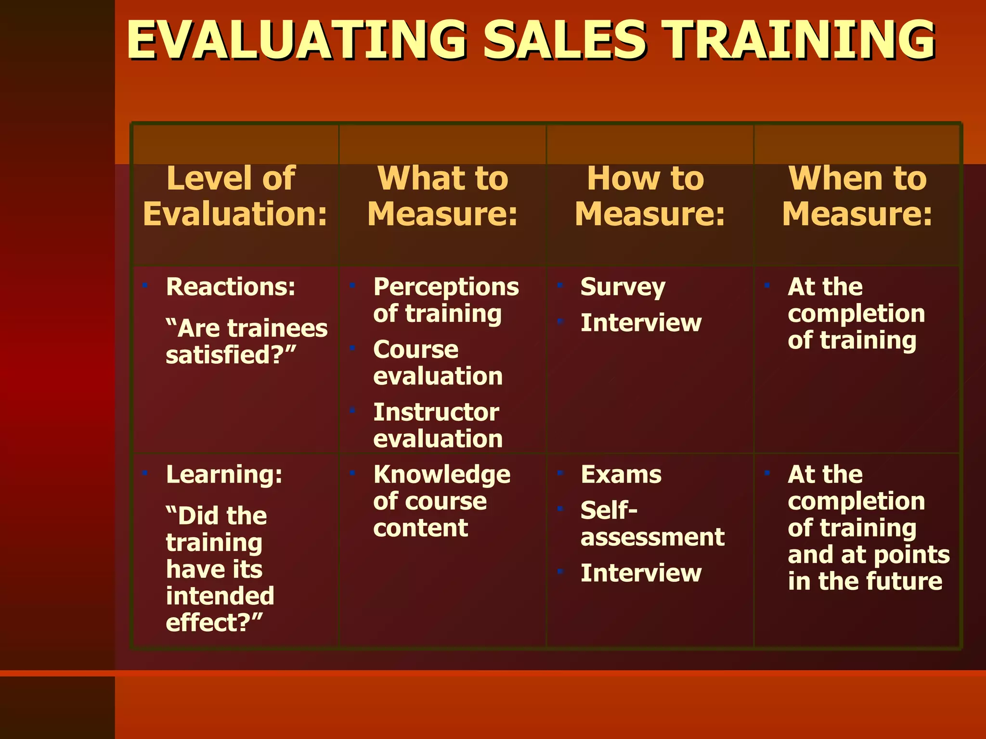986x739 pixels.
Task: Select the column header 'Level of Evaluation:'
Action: pyautogui.click(x=235, y=196)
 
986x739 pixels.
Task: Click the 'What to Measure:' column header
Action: pyautogui.click(x=442, y=196)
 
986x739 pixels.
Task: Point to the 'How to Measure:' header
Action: pyautogui.click(x=649, y=196)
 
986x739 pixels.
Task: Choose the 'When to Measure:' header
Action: pyautogui.click(x=857, y=196)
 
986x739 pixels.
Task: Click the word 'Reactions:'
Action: pyautogui.click(x=231, y=287)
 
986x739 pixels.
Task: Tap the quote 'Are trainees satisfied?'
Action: pyautogui.click(x=246, y=342)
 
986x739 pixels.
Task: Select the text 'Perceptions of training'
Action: pyautogui.click(x=445, y=300)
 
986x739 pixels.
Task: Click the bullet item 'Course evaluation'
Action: pyautogui.click(x=437, y=363)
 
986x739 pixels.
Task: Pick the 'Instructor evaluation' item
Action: pyautogui.click(x=437, y=425)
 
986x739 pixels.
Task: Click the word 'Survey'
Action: pyautogui.click(x=623, y=287)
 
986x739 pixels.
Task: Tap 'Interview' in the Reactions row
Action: pyautogui.click(x=641, y=323)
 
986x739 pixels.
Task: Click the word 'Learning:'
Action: pyautogui.click(x=224, y=475)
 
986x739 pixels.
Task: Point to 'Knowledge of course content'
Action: pyautogui.click(x=441, y=501)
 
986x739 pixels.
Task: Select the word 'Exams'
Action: pyautogui.click(x=621, y=475)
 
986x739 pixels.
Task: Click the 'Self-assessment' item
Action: pyautogui.click(x=652, y=523)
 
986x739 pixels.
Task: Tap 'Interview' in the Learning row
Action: pyautogui.click(x=641, y=573)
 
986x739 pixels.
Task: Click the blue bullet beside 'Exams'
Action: pyautogui.click(x=560, y=472)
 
